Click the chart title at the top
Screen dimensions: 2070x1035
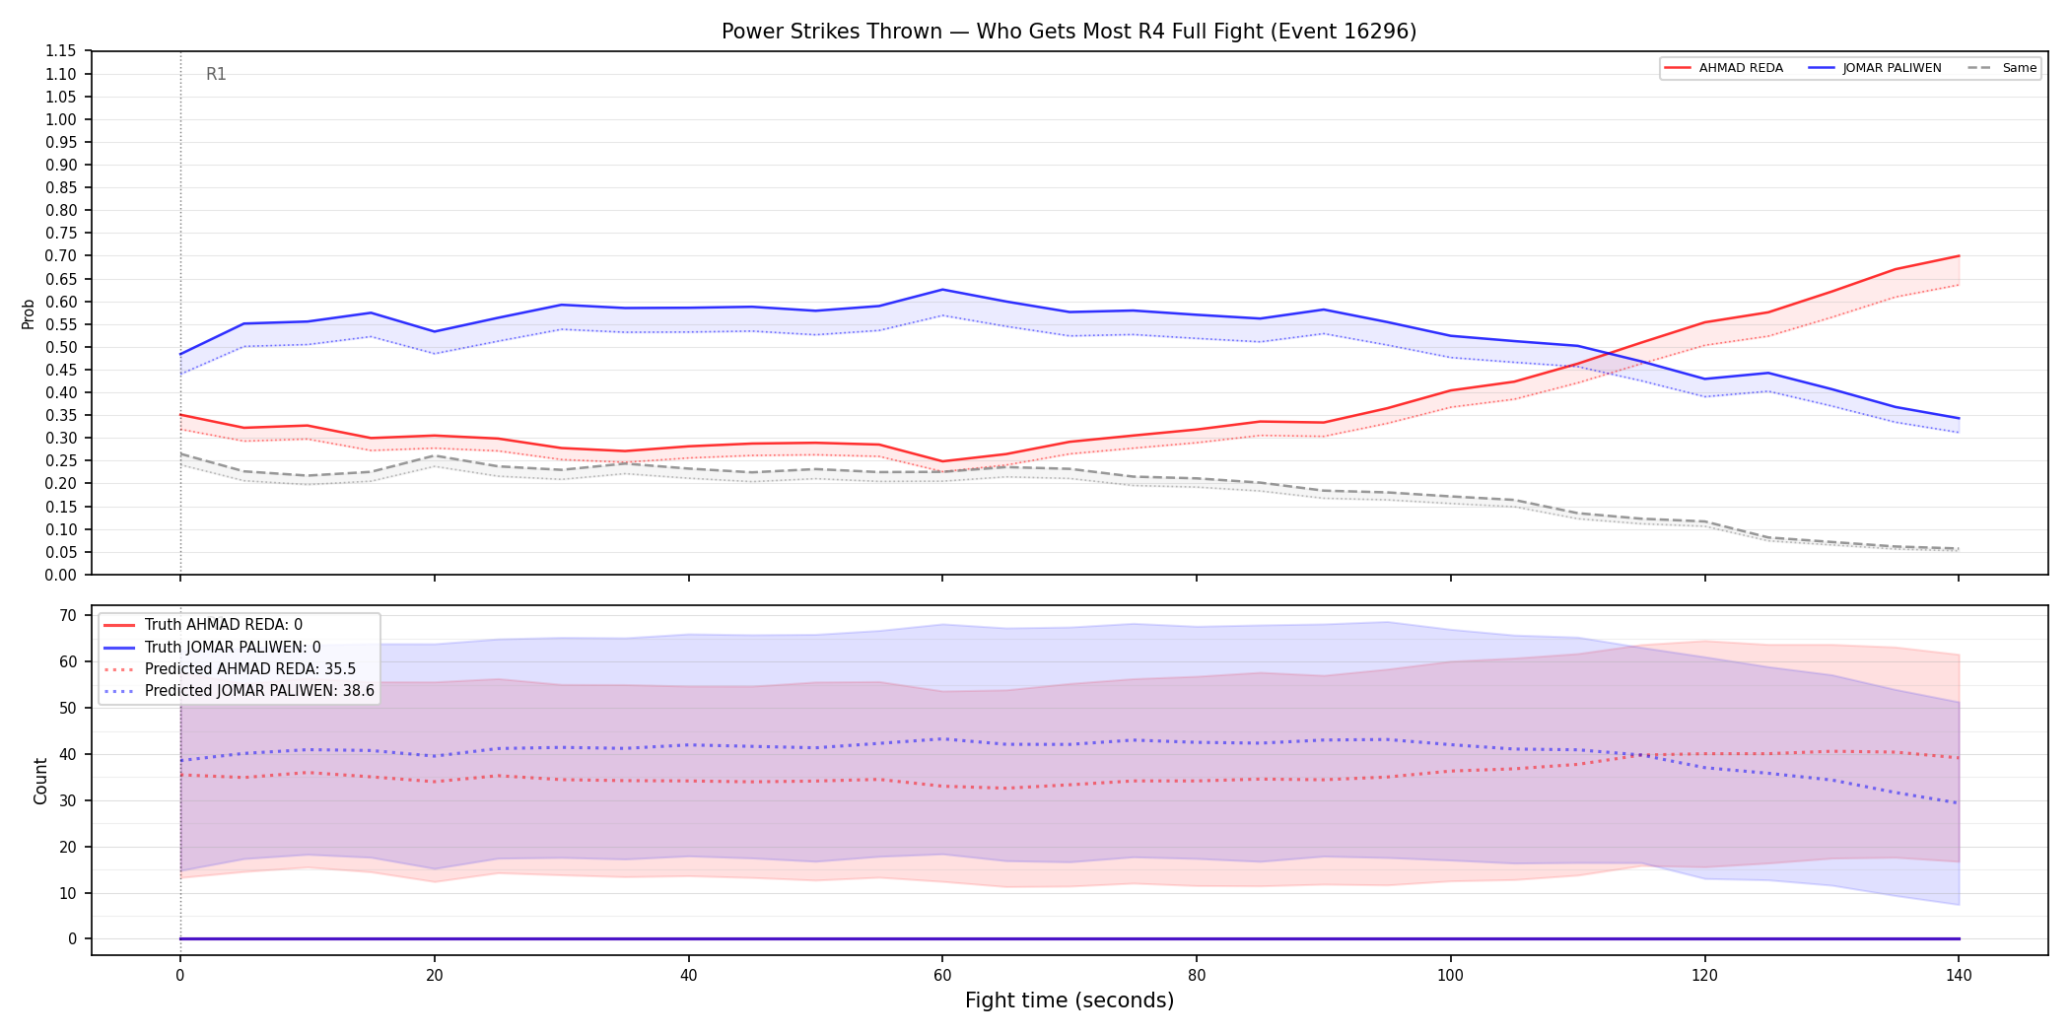pyautogui.click(x=1069, y=32)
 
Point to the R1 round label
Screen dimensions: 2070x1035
pyautogui.click(x=216, y=74)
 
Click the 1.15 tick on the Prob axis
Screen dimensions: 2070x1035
pyautogui.click(x=61, y=51)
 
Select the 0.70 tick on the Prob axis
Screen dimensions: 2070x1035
pyautogui.click(x=61, y=256)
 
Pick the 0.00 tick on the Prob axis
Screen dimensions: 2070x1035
pyautogui.click(x=61, y=575)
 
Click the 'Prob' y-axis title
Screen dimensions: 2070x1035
pyautogui.click(x=28, y=313)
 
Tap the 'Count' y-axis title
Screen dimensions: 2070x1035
pyautogui.click(x=40, y=781)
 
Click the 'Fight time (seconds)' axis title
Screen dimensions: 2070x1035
pyautogui.click(x=1069, y=1000)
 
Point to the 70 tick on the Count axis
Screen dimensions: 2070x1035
pyautogui.click(x=68, y=615)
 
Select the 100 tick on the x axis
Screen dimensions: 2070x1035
pyautogui.click(x=1450, y=976)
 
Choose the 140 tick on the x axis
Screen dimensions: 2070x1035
pyautogui.click(x=1958, y=976)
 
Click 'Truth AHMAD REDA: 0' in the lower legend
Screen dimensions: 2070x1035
pyautogui.click(x=224, y=625)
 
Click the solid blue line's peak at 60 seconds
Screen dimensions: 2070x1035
pyautogui.click(x=942, y=290)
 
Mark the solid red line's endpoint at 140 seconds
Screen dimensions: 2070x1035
pyautogui.click(x=1958, y=256)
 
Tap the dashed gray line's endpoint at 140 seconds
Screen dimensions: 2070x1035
pyautogui.click(x=1958, y=549)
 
